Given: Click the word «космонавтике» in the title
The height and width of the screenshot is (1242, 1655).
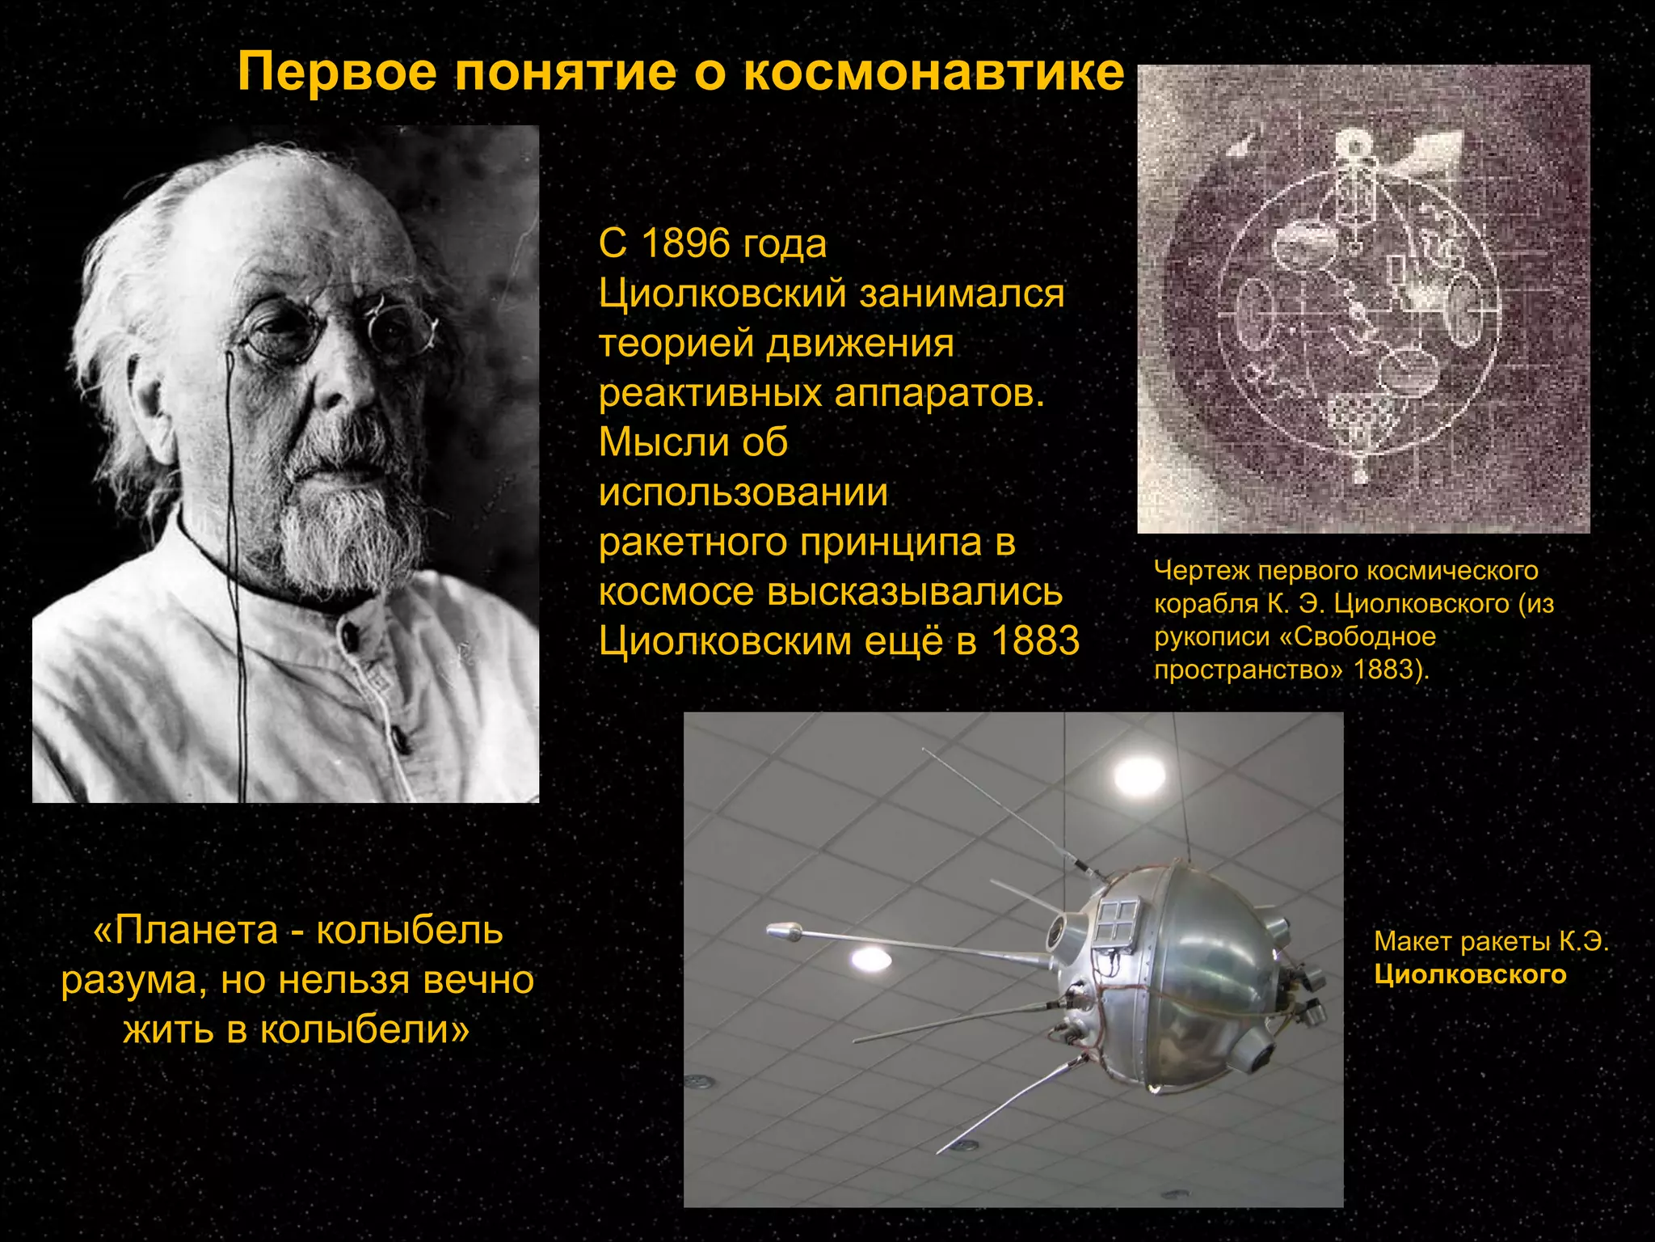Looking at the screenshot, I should (x=933, y=73).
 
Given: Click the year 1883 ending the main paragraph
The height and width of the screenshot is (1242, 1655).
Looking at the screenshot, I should (x=1035, y=641).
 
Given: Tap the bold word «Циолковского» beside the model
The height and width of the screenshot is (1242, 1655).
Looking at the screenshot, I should (x=1470, y=975).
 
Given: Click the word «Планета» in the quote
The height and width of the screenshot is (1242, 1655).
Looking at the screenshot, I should (x=196, y=931).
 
